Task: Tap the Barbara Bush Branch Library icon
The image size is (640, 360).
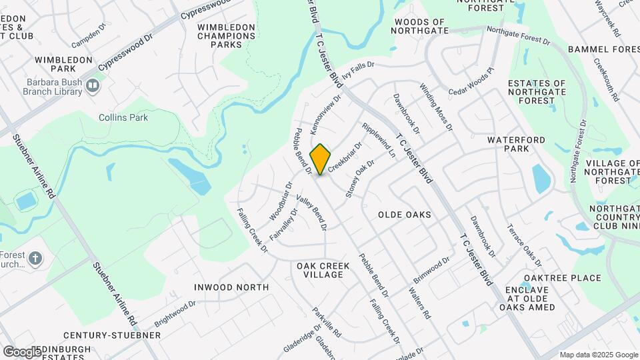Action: point(93,85)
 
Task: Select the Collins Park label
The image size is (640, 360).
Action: point(123,117)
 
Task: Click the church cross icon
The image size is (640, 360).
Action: point(36,257)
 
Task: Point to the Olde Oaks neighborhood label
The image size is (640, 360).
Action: point(404,215)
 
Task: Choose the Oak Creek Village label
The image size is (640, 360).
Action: point(323,270)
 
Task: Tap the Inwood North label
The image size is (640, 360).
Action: point(231,287)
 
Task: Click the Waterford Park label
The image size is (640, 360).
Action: point(516,144)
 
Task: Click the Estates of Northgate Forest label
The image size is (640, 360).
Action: point(537,92)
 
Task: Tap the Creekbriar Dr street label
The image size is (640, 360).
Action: point(345,155)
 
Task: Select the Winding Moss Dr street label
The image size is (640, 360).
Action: point(436,107)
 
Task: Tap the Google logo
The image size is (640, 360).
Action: point(22,351)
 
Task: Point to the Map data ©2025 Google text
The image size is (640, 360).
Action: point(598,355)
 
